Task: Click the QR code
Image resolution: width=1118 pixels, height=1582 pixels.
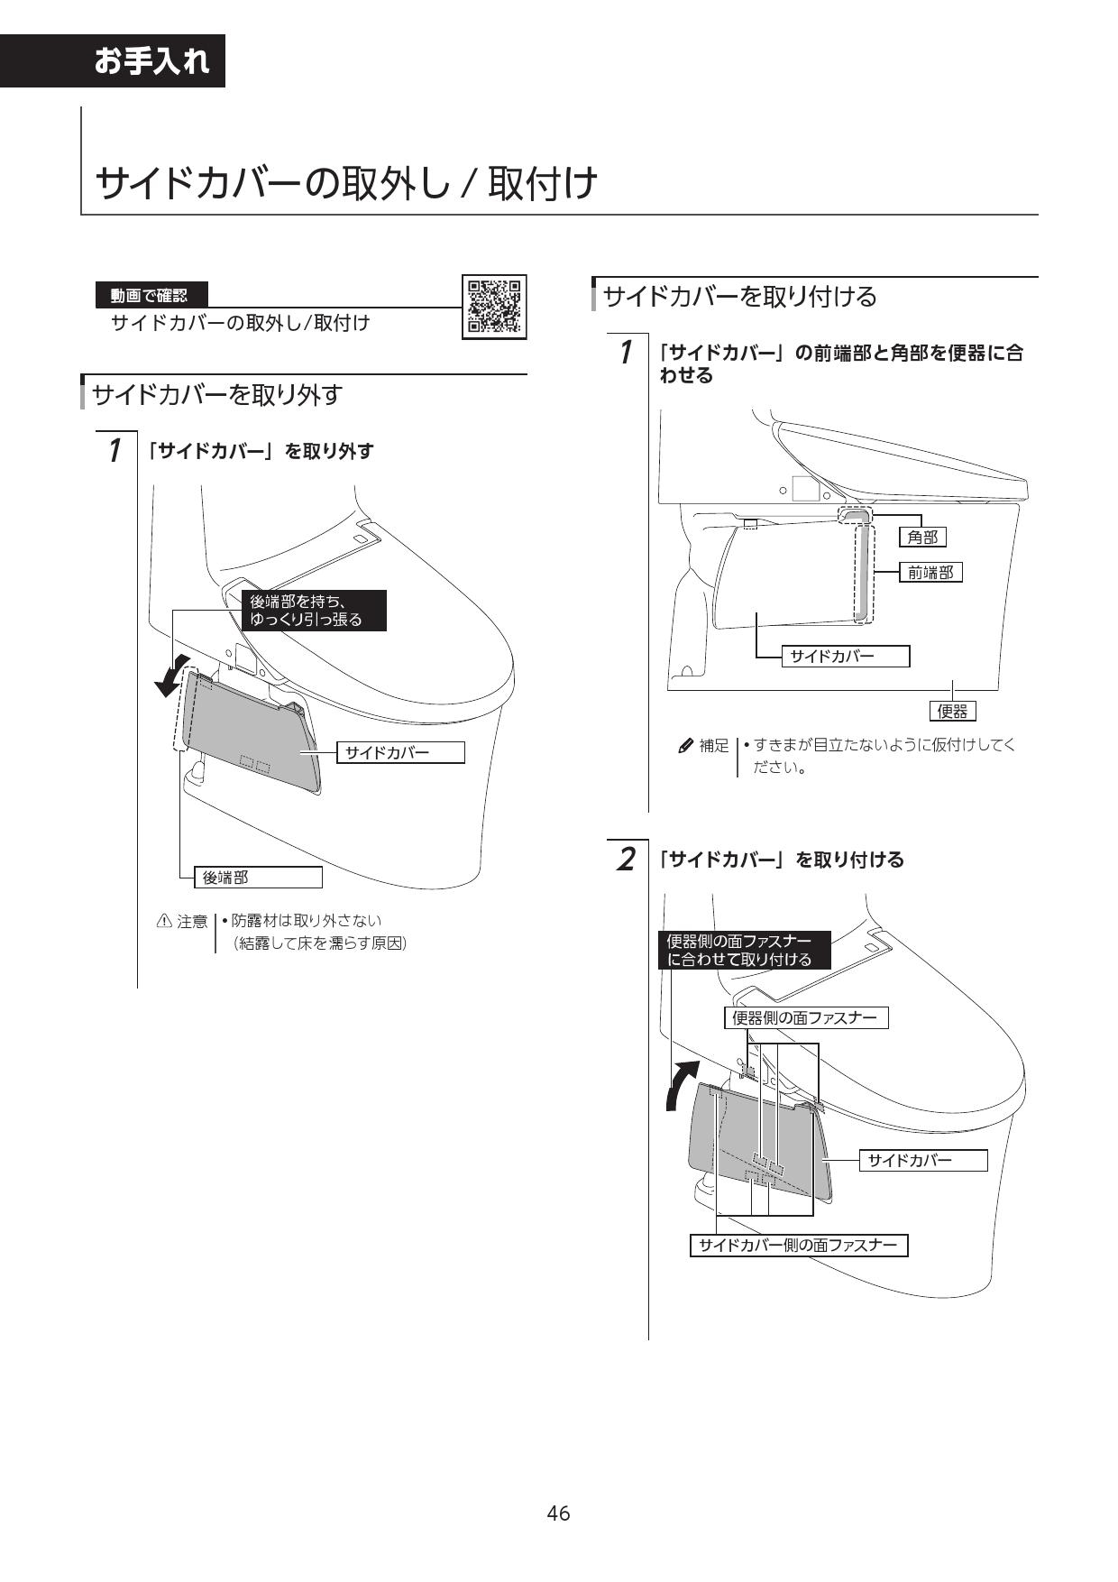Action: pyautogui.click(x=493, y=307)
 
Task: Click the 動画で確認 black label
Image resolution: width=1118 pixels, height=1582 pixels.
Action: pyautogui.click(x=151, y=295)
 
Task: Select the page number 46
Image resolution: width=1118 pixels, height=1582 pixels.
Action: pyautogui.click(x=558, y=1513)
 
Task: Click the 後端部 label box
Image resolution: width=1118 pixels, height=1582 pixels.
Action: pyautogui.click(x=258, y=877)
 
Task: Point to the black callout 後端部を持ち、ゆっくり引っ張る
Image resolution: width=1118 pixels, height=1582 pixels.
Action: pyautogui.click(x=305, y=611)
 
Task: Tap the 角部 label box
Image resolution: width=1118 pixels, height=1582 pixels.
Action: pyautogui.click(x=922, y=538)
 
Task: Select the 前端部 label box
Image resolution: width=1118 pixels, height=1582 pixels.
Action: pyautogui.click(x=930, y=572)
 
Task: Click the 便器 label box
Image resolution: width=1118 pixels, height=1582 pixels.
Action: pyautogui.click(x=952, y=711)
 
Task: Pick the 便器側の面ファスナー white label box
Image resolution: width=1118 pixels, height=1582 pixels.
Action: pyautogui.click(x=805, y=1017)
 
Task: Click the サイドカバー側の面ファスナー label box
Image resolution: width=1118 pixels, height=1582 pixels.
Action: pyautogui.click(x=799, y=1246)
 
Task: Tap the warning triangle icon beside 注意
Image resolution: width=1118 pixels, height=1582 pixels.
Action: pyautogui.click(x=164, y=921)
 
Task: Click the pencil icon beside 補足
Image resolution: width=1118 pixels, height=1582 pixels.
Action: pyautogui.click(x=685, y=746)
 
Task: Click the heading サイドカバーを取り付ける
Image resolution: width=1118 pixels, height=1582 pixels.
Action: pyautogui.click(x=739, y=296)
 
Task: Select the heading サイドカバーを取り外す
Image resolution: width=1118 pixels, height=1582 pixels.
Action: pyautogui.click(x=217, y=394)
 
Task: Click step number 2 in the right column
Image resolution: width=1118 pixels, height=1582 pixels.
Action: pyautogui.click(x=625, y=859)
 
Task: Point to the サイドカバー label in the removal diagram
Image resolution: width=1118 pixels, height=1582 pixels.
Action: pyautogui.click(x=400, y=752)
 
